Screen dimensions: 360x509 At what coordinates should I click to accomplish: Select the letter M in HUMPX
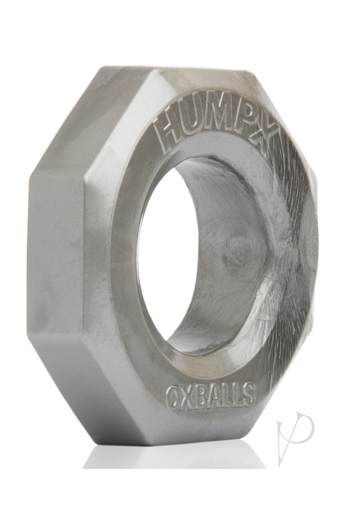click(x=229, y=119)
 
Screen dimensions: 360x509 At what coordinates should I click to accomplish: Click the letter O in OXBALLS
click(x=173, y=398)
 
